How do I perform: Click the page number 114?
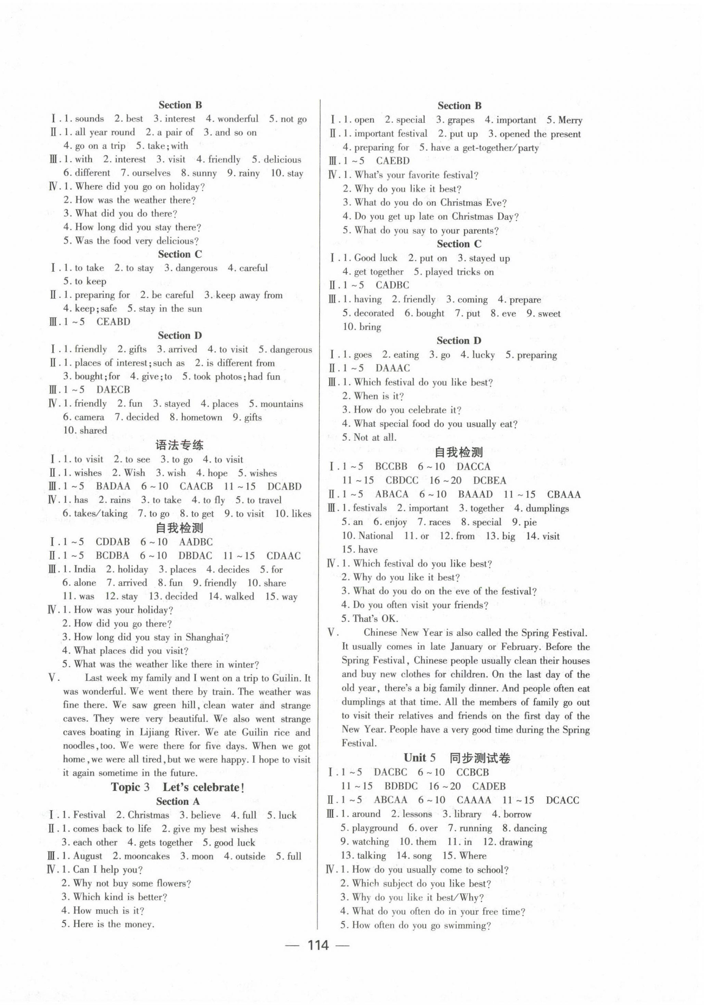click(318, 945)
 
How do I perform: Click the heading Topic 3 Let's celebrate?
click(178, 787)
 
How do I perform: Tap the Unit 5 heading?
click(457, 758)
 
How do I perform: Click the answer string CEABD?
click(114, 322)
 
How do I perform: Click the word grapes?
click(461, 120)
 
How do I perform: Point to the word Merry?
click(571, 120)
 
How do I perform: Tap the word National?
click(375, 536)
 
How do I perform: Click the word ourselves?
click(152, 173)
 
